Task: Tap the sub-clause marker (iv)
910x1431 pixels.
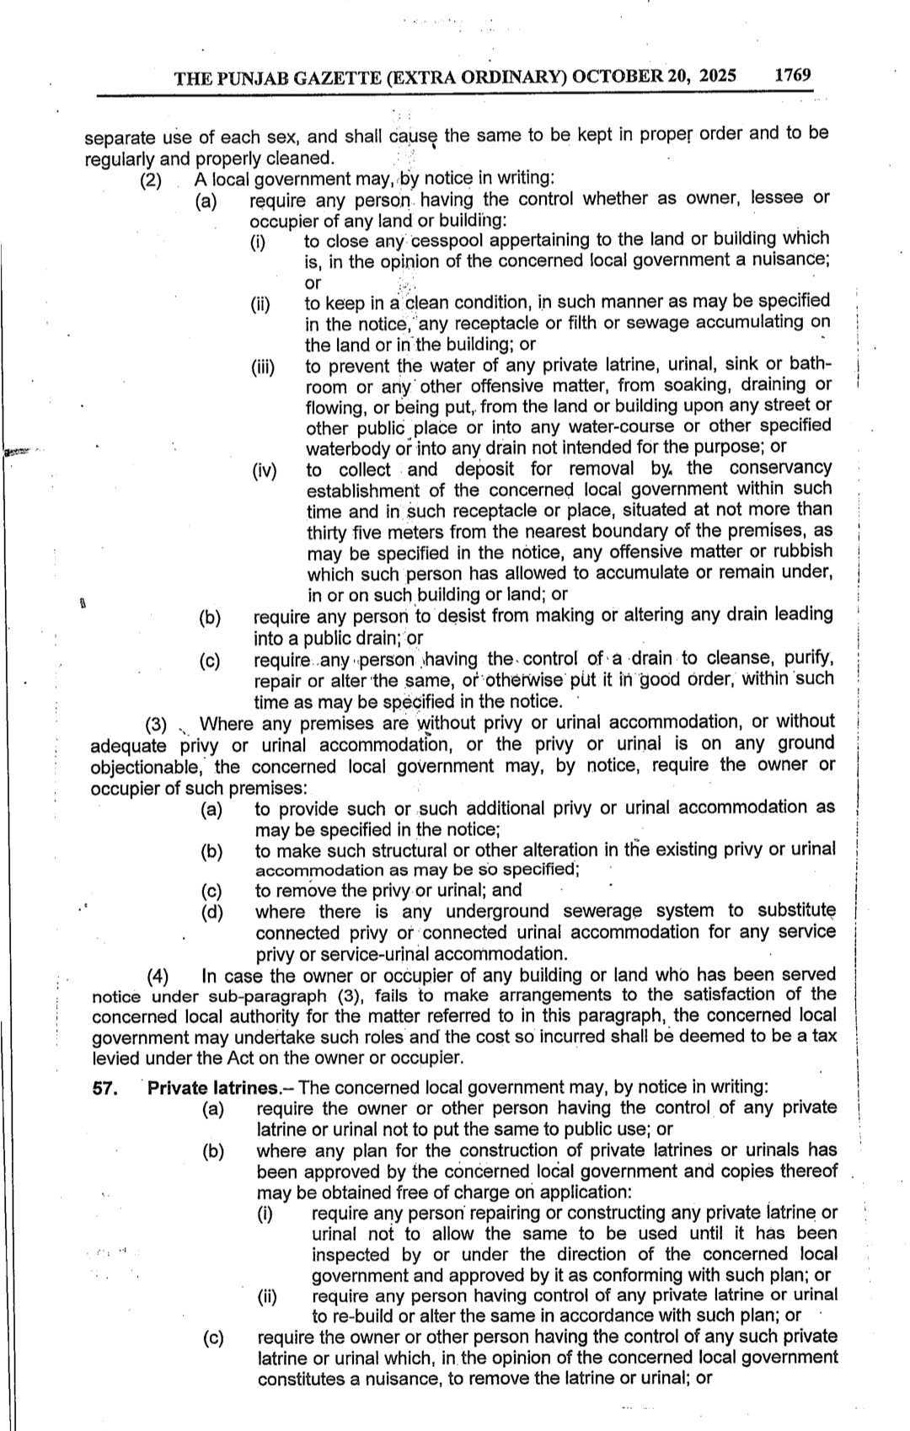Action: [x=264, y=470]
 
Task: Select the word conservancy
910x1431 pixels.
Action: [x=780, y=468]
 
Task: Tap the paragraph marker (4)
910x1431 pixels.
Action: [x=158, y=977]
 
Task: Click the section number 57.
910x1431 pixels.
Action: [x=104, y=1088]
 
